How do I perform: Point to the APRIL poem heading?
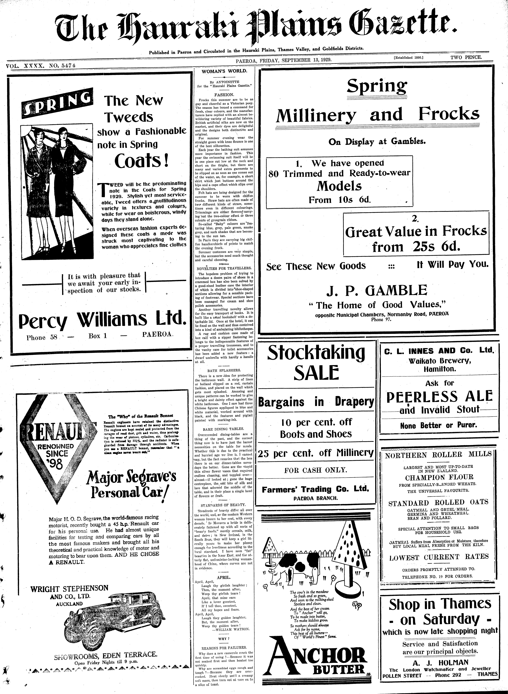pyautogui.click(x=224, y=577)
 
